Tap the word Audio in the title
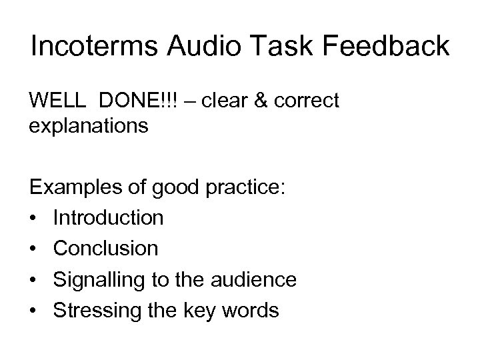pyautogui.click(x=198, y=47)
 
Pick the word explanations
pyautogui.click(x=89, y=125)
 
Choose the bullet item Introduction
pyautogui.click(x=109, y=217)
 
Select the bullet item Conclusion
pyautogui.click(x=106, y=248)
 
